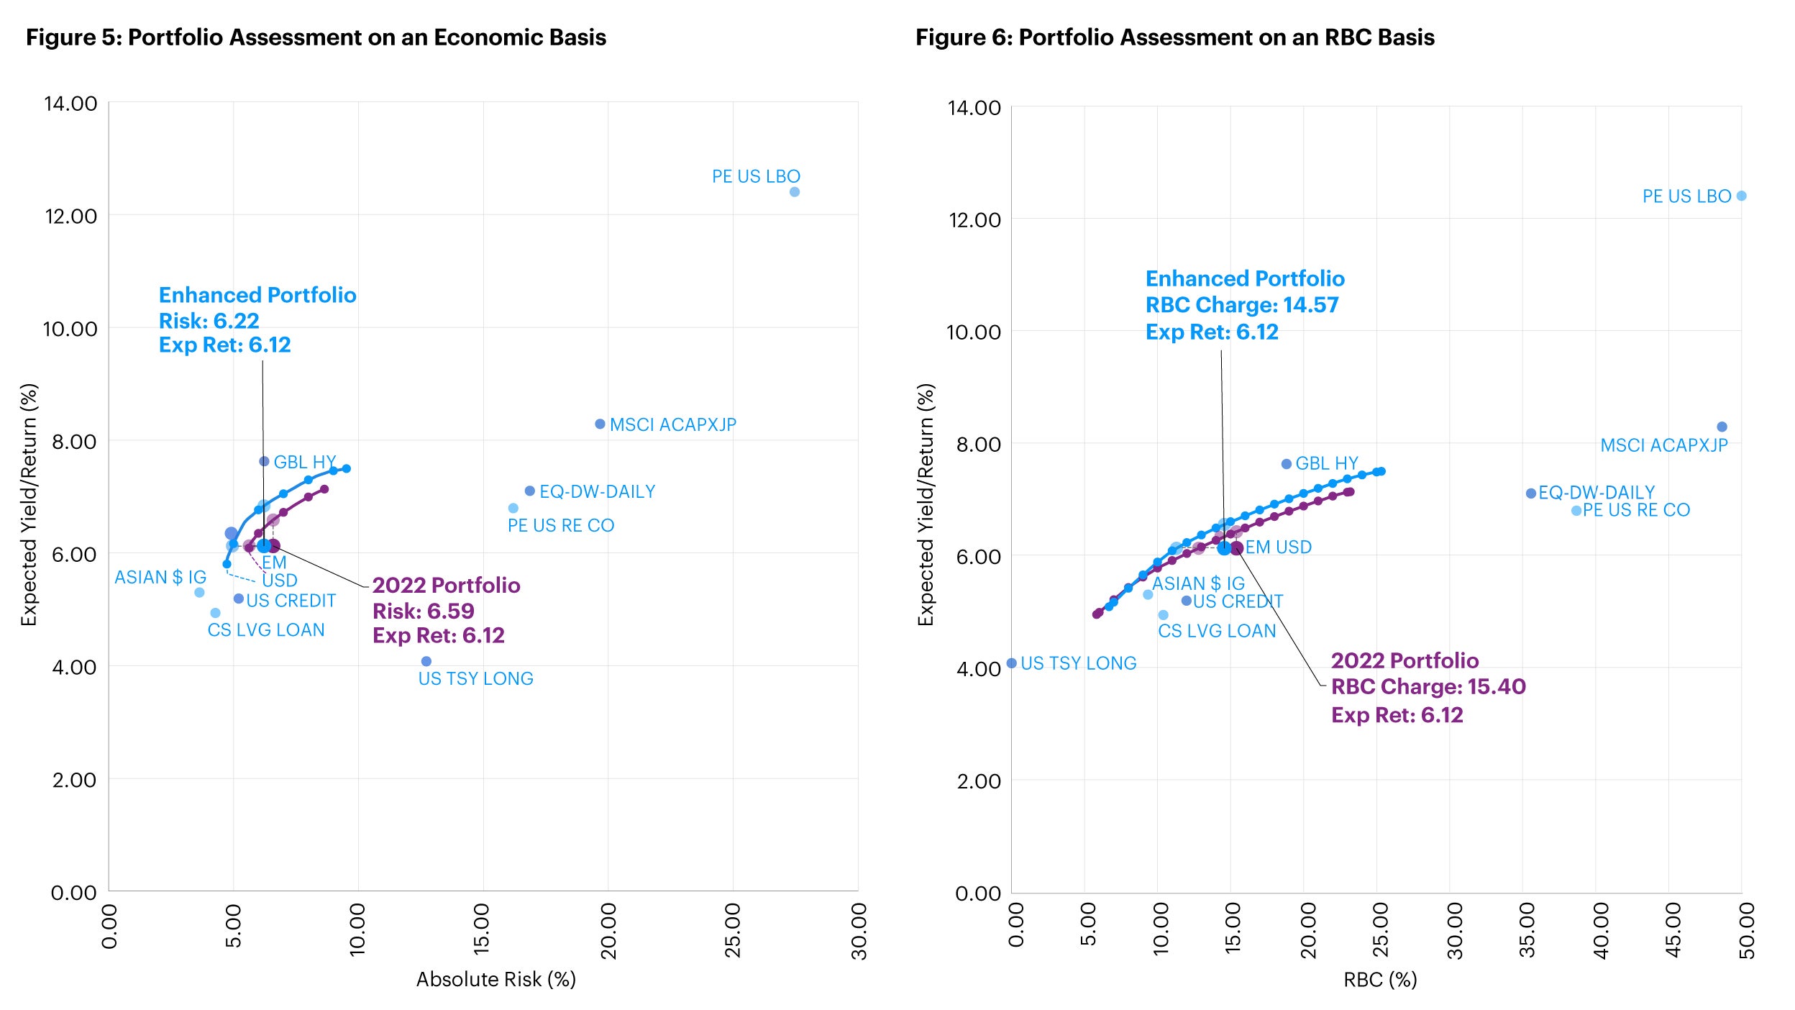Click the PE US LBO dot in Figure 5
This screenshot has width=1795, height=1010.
pos(794,192)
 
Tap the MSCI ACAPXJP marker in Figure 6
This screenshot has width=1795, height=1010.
pos(1722,427)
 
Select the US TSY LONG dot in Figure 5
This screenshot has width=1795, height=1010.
pos(426,661)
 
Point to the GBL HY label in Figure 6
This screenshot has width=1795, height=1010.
pos(1327,463)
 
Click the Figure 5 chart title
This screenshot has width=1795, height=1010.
pos(316,37)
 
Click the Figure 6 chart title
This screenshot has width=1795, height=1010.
pos(1174,37)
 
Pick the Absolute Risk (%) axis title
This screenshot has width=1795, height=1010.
pos(495,979)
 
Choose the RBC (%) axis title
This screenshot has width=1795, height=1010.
pos(1380,979)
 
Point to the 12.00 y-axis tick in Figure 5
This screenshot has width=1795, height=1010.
pos(71,217)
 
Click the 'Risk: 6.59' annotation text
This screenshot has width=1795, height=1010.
pos(423,611)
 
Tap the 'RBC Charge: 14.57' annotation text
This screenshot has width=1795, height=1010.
pos(1241,305)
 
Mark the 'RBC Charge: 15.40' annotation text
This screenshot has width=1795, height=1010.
pos(1428,686)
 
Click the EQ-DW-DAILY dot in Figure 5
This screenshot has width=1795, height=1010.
pos(530,491)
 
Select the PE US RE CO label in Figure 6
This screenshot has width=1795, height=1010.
pos(1636,510)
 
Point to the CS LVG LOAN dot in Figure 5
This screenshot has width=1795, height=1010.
pos(215,613)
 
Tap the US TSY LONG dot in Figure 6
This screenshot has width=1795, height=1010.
pos(1012,663)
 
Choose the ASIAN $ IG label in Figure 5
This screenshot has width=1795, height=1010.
pos(160,577)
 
